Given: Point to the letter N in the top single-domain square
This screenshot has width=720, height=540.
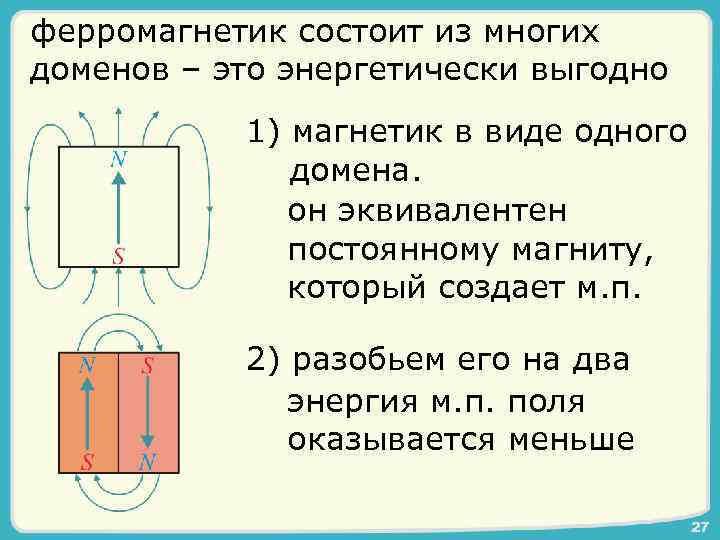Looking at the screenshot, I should click(x=118, y=158).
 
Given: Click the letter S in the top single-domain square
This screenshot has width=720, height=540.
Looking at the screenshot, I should click(x=118, y=255).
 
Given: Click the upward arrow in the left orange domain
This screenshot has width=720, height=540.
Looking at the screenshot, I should click(x=89, y=415).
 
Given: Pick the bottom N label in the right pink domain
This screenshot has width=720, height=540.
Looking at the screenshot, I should click(x=148, y=463).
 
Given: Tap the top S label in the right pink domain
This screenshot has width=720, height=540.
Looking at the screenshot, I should click(x=148, y=365).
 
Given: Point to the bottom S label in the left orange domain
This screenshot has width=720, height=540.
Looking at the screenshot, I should click(x=88, y=463).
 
